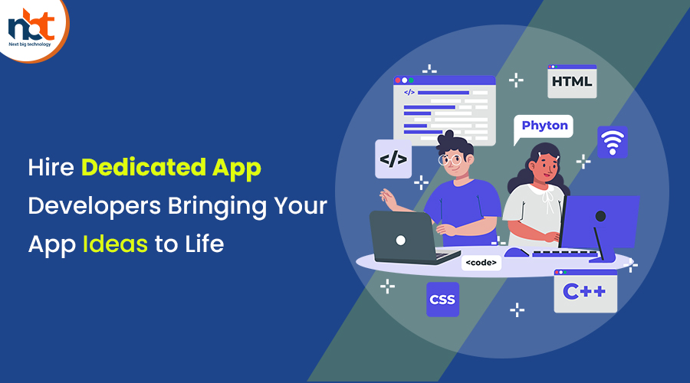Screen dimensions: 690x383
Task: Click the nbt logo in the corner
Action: click(x=31, y=28)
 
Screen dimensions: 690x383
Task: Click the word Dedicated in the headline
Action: click(x=143, y=167)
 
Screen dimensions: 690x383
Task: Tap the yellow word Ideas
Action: click(x=115, y=244)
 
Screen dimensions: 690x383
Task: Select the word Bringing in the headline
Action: click(x=217, y=206)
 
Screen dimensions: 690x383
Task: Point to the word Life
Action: click(x=204, y=244)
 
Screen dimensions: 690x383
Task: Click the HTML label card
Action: click(x=572, y=81)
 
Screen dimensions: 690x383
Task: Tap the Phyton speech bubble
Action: click(x=544, y=126)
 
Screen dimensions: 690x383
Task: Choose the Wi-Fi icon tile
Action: click(x=612, y=142)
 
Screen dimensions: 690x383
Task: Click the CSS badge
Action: click(x=442, y=300)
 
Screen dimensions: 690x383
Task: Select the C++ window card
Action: click(x=585, y=291)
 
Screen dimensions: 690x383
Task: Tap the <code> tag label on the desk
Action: click(x=481, y=263)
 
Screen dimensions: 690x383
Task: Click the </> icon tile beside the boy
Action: click(x=393, y=159)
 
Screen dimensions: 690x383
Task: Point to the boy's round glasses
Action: click(x=450, y=159)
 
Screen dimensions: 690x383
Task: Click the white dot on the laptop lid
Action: click(x=400, y=240)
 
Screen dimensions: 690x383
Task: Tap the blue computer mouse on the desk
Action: click(x=516, y=253)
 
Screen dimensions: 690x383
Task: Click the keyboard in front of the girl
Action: click(x=565, y=254)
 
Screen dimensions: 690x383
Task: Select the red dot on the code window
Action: click(x=398, y=80)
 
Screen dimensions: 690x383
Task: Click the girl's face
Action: click(x=545, y=167)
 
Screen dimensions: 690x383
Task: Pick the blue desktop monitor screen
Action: click(x=600, y=221)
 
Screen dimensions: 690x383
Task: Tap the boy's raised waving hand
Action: click(x=388, y=198)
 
